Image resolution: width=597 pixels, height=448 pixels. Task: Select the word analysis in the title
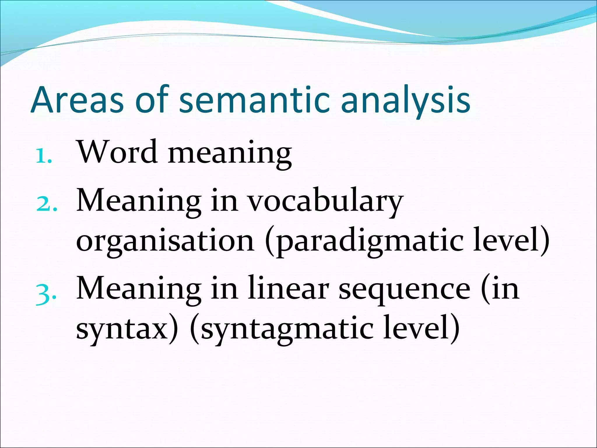click(x=405, y=100)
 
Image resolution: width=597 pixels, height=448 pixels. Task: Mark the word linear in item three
click(x=288, y=289)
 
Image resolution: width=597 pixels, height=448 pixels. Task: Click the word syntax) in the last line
click(x=127, y=330)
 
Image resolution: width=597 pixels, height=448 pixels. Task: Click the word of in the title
click(x=152, y=100)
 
